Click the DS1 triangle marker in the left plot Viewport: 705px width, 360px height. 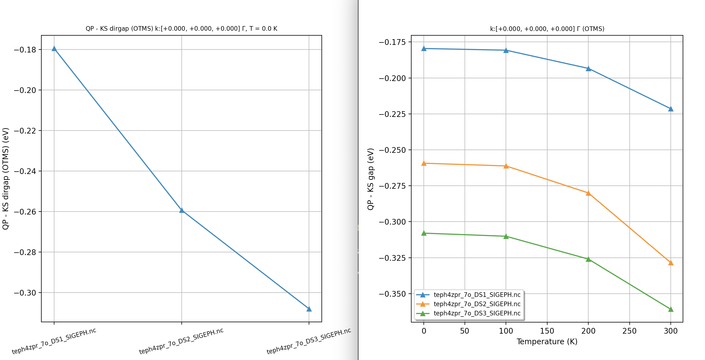(x=54, y=49)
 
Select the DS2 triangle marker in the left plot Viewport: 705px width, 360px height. (x=181, y=210)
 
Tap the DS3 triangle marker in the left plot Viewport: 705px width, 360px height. (x=309, y=309)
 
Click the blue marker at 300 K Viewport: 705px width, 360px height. (x=670, y=109)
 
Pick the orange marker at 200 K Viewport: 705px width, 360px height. (x=588, y=193)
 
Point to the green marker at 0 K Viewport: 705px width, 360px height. (x=424, y=233)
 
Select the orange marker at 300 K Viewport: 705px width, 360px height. (x=670, y=263)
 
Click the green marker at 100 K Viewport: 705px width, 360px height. (x=506, y=236)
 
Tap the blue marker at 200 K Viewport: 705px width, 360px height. (x=588, y=69)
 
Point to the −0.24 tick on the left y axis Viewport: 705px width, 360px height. (x=25, y=171)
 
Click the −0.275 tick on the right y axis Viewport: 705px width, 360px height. (x=392, y=186)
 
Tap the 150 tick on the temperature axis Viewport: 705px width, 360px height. (x=547, y=331)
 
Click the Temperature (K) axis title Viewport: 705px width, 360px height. (x=547, y=342)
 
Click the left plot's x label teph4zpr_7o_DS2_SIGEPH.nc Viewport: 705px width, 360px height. (x=181, y=341)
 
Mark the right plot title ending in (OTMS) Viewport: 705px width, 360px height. (x=547, y=29)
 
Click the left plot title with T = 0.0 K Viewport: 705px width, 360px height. (x=181, y=29)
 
